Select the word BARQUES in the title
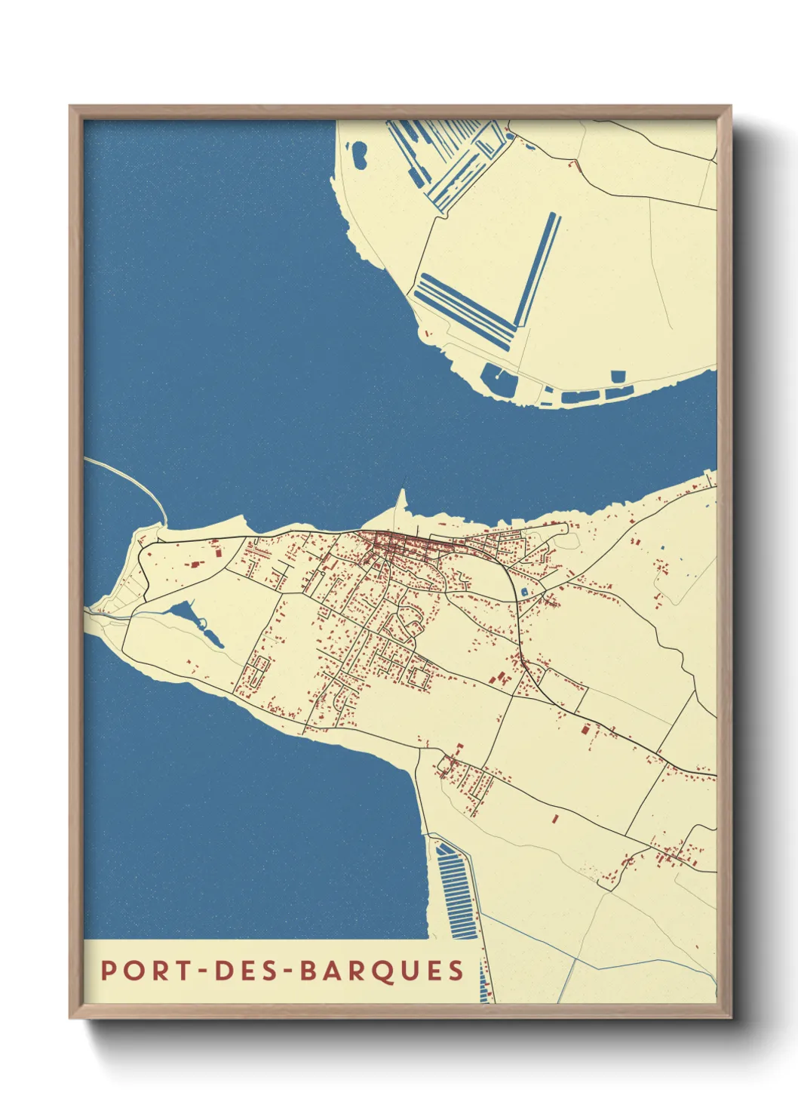pyautogui.click(x=382, y=971)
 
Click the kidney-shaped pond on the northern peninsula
pyautogui.click(x=358, y=155)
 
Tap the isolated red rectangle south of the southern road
pyautogui.click(x=555, y=818)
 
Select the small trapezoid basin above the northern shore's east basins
pyautogui.click(x=618, y=376)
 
